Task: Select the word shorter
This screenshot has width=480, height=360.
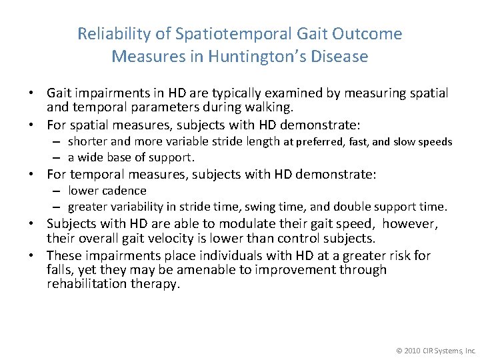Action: pos(89,141)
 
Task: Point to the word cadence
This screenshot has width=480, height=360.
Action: pos(124,191)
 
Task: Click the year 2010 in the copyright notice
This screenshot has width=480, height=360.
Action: pos(412,349)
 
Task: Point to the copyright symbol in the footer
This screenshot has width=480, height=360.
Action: pos(399,349)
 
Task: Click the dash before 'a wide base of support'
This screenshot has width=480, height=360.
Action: pos(58,157)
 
